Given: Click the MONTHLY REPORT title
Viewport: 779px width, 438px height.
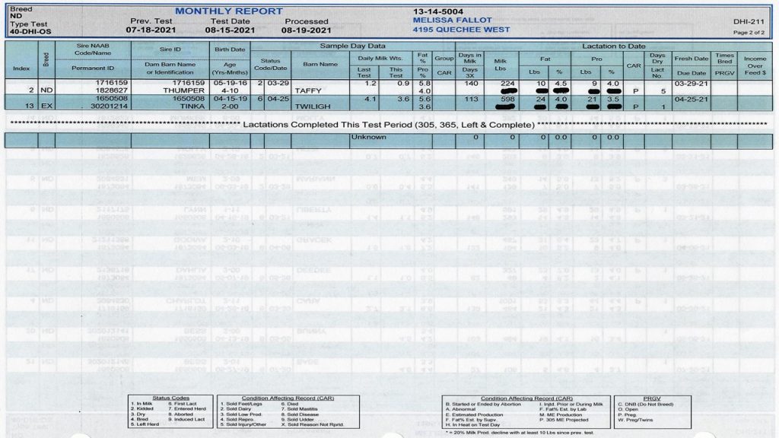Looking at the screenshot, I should coord(219,11).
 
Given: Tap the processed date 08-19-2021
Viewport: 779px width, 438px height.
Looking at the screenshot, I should coord(306,31).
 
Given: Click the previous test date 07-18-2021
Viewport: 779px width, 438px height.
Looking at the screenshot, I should coord(151,31).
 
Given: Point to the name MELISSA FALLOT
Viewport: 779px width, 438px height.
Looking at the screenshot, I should coord(448,21).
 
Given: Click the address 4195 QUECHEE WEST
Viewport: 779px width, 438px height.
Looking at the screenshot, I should coord(460,31).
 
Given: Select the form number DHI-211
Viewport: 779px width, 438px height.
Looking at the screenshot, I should coord(749,22).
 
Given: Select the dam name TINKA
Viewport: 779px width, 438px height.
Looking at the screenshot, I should coord(193,107).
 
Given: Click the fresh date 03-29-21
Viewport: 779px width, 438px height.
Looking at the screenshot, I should coord(692,82).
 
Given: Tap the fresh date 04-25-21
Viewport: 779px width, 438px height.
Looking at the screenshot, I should coord(692,99).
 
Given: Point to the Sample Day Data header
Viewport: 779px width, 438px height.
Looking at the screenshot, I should coord(352,46).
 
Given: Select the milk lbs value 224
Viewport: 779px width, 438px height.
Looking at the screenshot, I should coord(498,82).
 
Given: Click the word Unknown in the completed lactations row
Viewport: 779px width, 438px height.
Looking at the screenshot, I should coord(368,138).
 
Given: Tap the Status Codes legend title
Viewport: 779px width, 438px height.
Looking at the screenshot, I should coord(170,398).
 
